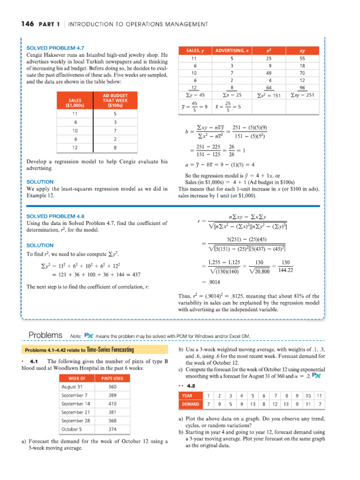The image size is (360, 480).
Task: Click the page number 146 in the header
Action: pyautogui.click(x=27, y=24)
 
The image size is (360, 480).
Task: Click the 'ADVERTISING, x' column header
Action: pyautogui.click(x=231, y=50)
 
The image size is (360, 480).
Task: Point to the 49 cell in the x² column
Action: pyautogui.click(x=268, y=73)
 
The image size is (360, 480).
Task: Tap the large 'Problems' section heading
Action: pyautogui.click(x=45, y=335)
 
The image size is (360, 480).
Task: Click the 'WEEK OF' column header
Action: pyautogui.click(x=77, y=378)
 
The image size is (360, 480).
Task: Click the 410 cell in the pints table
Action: pyautogui.click(x=112, y=404)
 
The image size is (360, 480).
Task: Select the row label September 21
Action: pyautogui.click(x=75, y=412)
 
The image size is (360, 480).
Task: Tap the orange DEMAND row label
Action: pyautogui.click(x=189, y=404)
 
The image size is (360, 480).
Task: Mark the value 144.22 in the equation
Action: pyautogui.click(x=285, y=270)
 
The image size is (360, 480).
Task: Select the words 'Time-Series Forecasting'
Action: pyautogui.click(x=110, y=350)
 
